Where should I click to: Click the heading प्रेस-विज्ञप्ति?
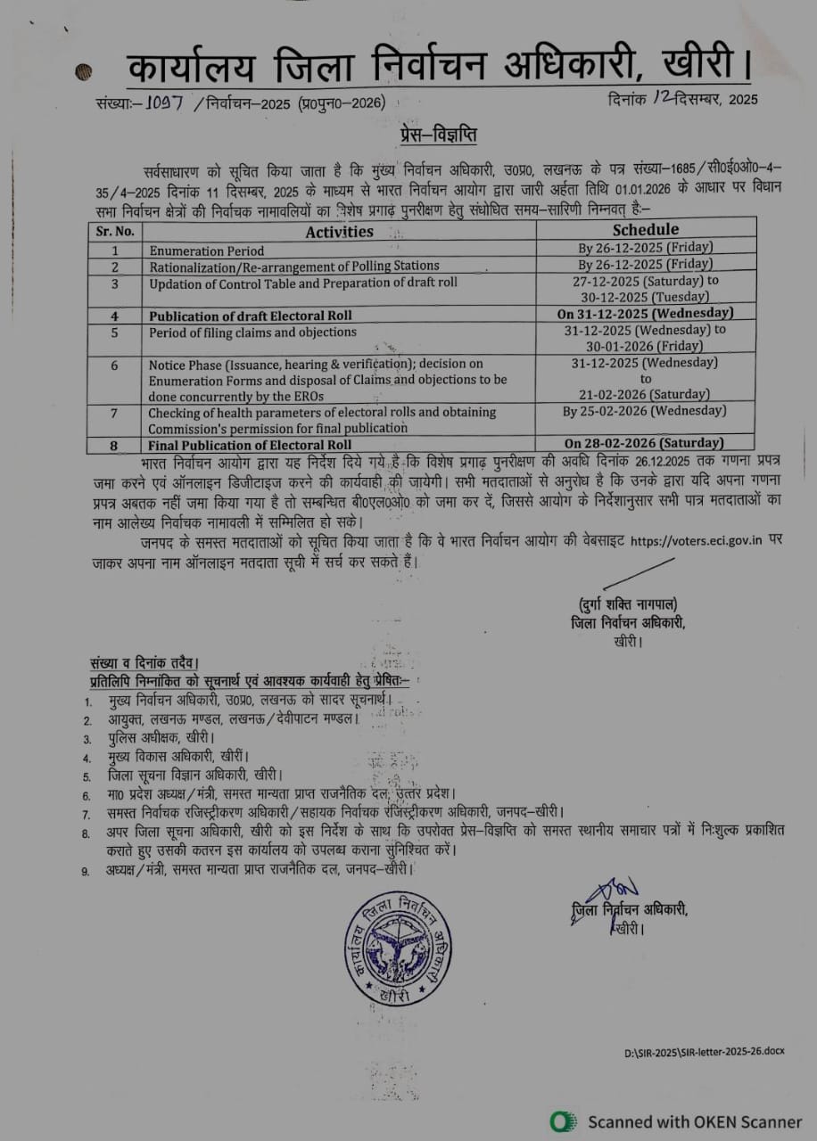[x=437, y=136]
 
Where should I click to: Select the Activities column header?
[x=339, y=231]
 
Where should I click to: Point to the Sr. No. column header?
[x=114, y=231]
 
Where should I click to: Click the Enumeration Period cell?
[x=207, y=251]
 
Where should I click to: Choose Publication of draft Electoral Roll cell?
[x=252, y=316]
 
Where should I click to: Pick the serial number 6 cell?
[x=114, y=365]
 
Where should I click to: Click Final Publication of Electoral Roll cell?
[x=250, y=444]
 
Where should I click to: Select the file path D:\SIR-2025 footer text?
[x=704, y=1053]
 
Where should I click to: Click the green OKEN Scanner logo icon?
[x=563, y=1121]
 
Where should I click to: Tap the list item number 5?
[x=87, y=776]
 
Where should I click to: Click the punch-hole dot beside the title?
[x=84, y=72]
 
